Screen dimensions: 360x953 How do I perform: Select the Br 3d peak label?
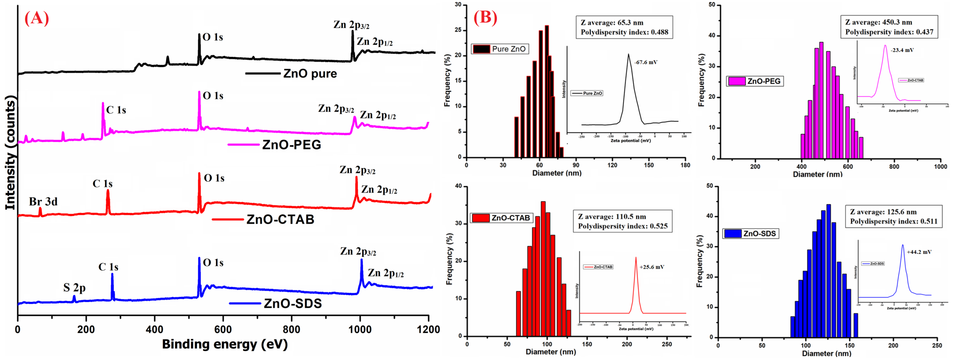click(x=43, y=202)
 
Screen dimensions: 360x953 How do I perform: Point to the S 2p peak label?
click(x=74, y=288)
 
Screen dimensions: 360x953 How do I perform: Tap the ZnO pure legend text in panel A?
click(x=310, y=74)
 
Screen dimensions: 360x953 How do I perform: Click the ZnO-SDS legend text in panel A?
click(x=293, y=303)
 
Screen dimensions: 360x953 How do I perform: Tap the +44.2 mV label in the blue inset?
click(x=919, y=252)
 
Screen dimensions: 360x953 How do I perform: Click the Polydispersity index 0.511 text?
click(x=893, y=221)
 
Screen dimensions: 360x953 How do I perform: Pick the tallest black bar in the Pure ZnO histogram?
click(x=547, y=91)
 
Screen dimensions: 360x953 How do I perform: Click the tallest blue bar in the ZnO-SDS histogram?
click(x=829, y=270)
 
